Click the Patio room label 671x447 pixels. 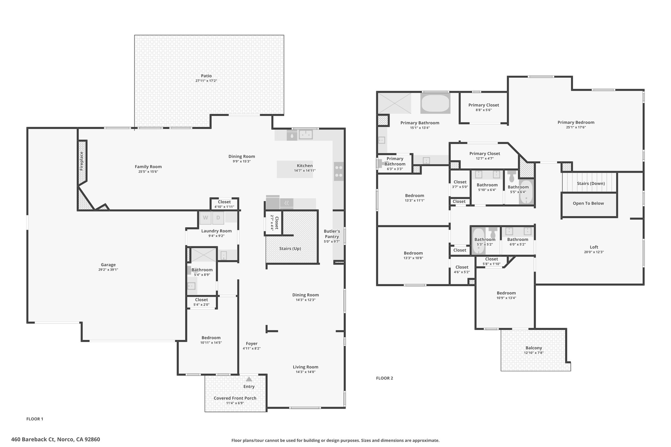(206, 76)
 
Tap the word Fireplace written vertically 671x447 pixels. (82, 161)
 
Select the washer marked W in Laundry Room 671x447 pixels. (205, 217)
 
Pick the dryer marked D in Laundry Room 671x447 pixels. (218, 217)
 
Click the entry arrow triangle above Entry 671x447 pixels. (249, 379)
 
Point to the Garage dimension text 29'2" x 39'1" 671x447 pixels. (108, 270)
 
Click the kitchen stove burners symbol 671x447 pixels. (339, 171)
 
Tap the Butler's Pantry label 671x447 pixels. (332, 234)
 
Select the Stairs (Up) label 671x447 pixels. (290, 249)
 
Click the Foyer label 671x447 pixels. (252, 344)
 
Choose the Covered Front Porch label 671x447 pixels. (235, 398)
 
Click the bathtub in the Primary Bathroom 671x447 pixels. (435, 104)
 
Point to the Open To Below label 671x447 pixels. (588, 203)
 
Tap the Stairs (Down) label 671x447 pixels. (591, 183)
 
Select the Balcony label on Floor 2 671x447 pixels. (534, 348)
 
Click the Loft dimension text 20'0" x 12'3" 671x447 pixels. (594, 252)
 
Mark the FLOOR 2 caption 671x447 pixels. (384, 378)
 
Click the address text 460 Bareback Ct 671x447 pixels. (33, 439)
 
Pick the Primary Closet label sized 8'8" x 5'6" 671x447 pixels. (484, 105)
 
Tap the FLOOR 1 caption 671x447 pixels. (35, 419)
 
